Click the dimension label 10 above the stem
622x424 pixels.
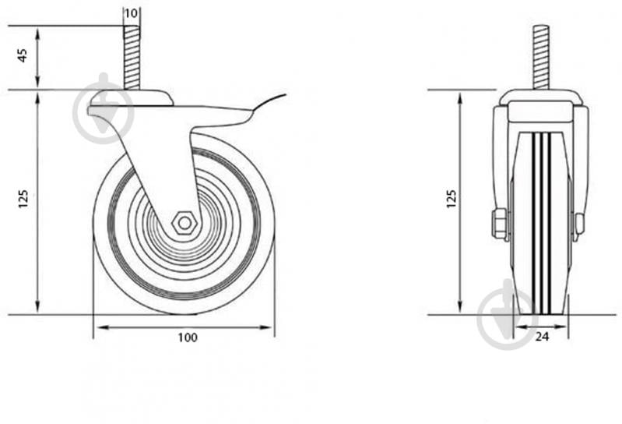click(x=131, y=13)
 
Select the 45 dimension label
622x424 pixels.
click(x=23, y=55)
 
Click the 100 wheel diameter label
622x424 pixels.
click(x=188, y=337)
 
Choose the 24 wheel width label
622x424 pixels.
click(x=542, y=337)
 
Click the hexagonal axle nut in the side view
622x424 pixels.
click(x=184, y=224)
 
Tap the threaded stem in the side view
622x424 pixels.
click(x=132, y=58)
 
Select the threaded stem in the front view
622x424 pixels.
click(x=541, y=58)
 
